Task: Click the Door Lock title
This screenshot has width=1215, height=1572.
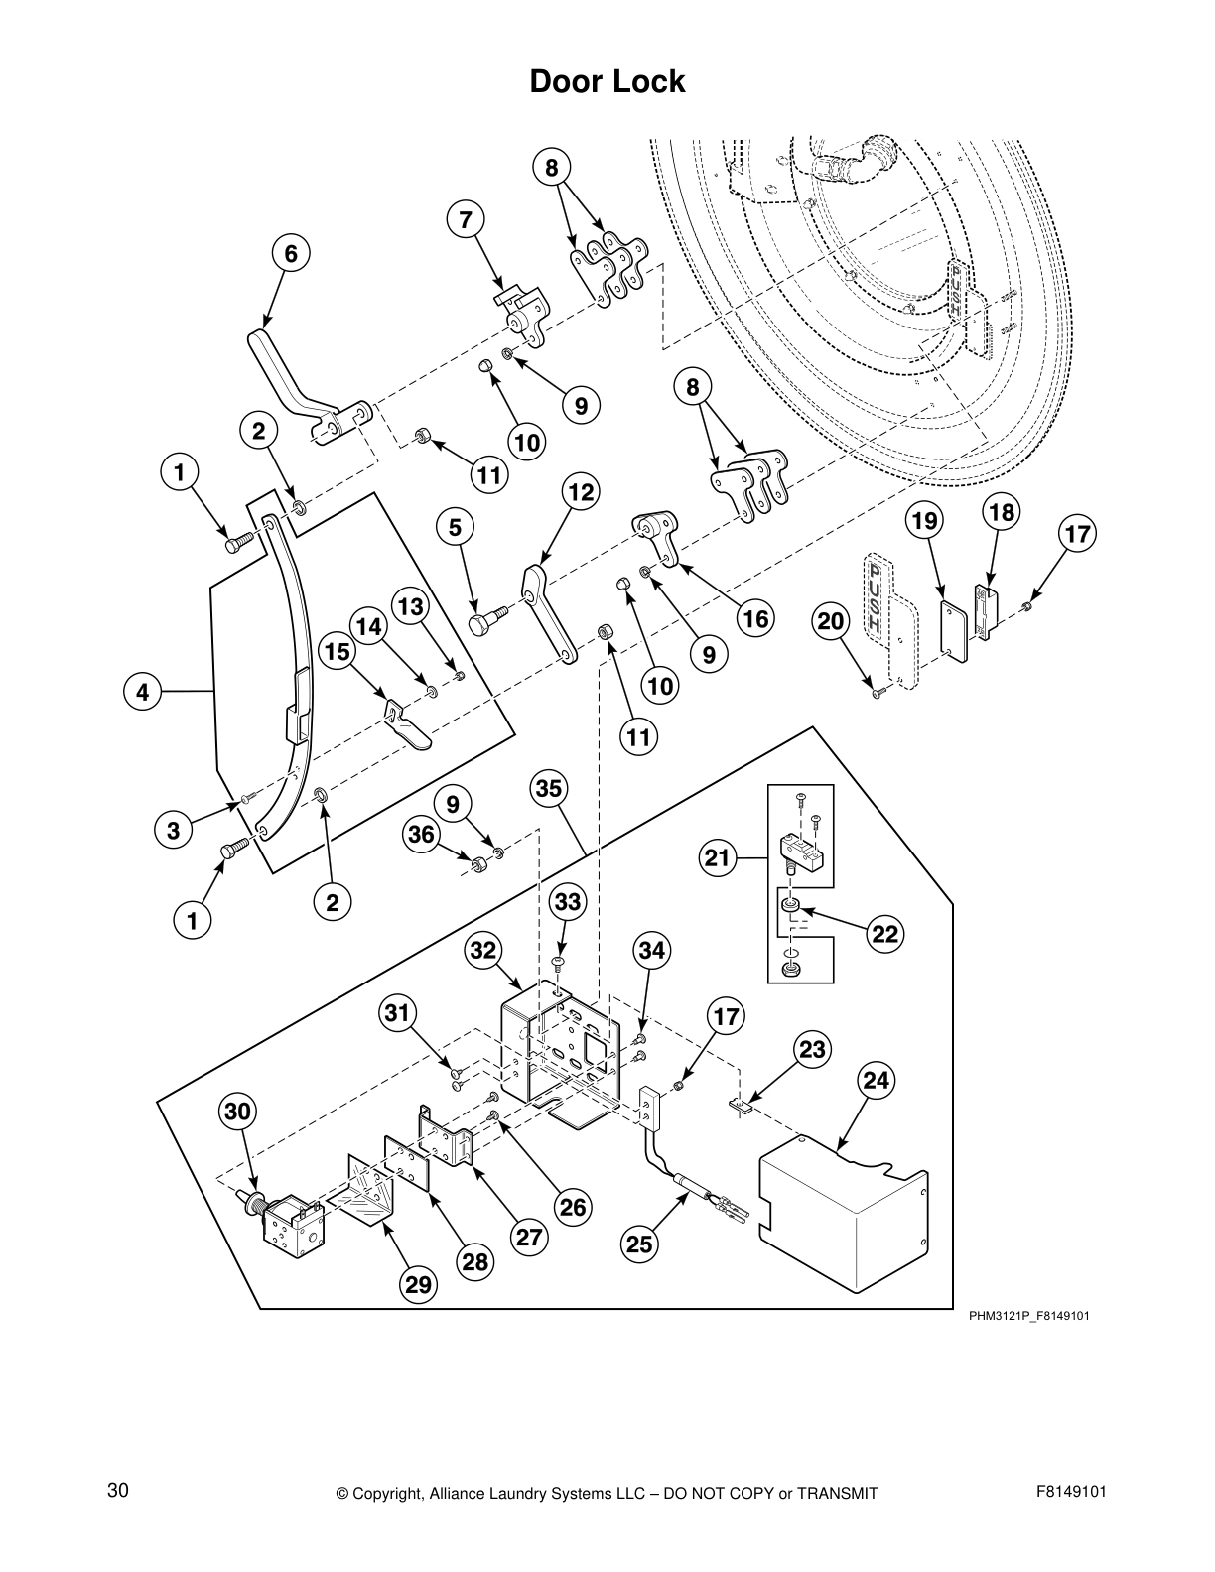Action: coord(607,81)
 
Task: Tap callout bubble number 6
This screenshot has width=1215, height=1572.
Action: coord(290,253)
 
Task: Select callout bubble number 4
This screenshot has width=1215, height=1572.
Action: coord(143,692)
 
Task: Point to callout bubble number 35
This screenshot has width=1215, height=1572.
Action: coord(549,789)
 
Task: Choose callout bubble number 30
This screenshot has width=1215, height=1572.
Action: coord(238,1112)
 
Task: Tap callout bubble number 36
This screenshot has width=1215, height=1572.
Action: coord(422,834)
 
